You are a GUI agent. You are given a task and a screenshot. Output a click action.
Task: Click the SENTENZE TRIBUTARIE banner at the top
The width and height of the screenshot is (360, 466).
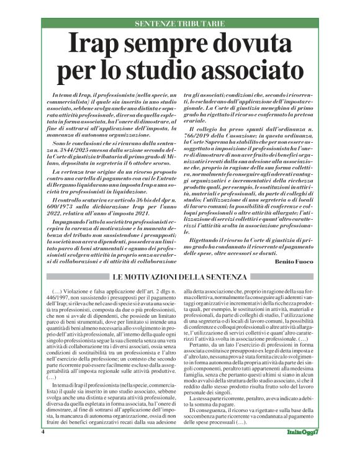180,24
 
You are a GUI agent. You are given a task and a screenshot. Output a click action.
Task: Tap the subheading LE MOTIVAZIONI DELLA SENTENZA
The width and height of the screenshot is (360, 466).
179,276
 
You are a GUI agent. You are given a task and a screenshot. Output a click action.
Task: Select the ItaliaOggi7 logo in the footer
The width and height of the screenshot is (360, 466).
304,448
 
